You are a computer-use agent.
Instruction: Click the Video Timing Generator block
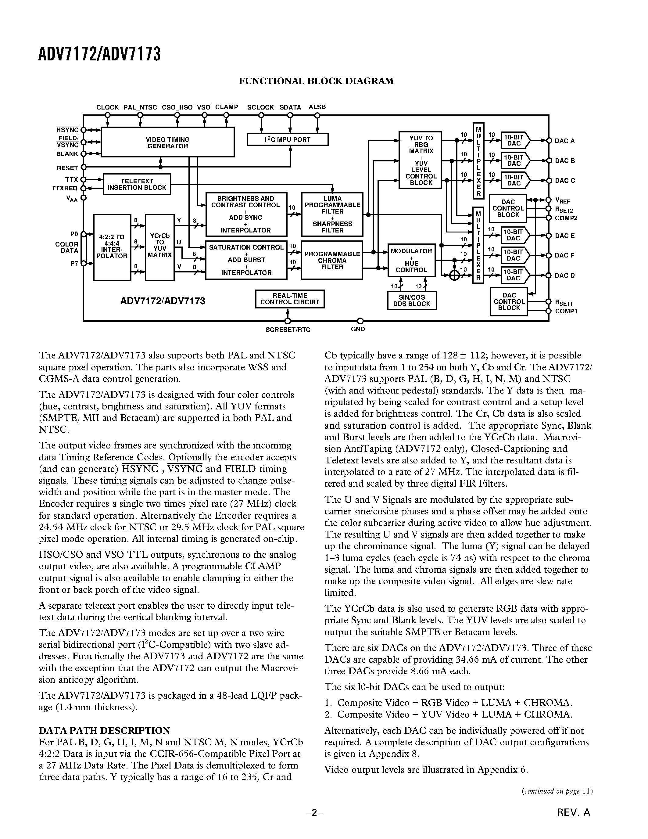coord(167,142)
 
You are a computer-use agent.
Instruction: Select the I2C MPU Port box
coord(288,139)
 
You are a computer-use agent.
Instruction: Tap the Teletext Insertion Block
coord(137,184)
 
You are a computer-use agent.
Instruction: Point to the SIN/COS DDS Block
coord(412,301)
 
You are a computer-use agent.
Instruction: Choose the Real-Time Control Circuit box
coord(290,299)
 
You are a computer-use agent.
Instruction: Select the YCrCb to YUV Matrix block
coord(160,248)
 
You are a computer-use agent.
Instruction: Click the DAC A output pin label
coord(564,141)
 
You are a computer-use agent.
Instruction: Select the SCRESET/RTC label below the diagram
coord(288,329)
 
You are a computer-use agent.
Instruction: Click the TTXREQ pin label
coord(65,188)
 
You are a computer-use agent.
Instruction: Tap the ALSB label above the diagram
coord(317,107)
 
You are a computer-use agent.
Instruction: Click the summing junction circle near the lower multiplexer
coord(455,275)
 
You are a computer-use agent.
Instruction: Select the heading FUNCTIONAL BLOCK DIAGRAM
coord(316,81)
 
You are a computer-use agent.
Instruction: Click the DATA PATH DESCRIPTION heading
coord(104,730)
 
